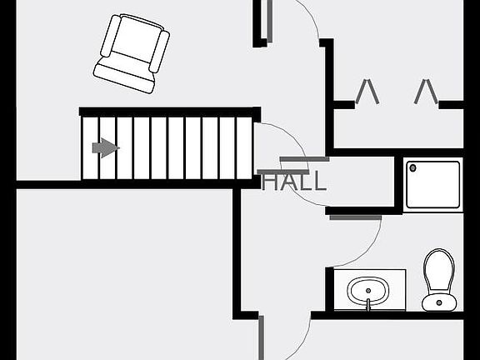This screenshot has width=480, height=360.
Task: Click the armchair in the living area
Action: coord(132,53)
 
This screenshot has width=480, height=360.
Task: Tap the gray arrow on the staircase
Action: coord(106,147)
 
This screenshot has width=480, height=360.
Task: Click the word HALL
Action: coord(294,181)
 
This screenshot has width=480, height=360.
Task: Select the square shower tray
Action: coord(432,185)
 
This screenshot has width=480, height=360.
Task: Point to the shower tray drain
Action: coord(412,167)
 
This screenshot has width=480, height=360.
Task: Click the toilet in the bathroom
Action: coord(439,280)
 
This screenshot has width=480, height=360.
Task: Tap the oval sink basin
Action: coord(368,291)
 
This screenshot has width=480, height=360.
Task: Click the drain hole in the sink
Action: coord(368,291)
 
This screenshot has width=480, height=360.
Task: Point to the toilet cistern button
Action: coord(439,302)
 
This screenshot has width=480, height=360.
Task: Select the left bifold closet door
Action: coord(367,91)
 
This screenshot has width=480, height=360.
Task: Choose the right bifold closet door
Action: coord(426,91)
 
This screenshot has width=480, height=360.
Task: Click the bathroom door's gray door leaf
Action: coord(355,217)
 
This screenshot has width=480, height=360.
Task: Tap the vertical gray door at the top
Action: coord(269,21)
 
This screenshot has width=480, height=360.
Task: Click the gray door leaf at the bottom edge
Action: coord(261,338)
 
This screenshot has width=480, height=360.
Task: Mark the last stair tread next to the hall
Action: coord(244,148)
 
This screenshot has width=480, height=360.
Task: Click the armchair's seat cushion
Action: coord(136,39)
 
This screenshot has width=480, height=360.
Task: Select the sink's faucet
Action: coord(368,304)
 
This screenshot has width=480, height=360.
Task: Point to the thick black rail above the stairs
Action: coord(170,112)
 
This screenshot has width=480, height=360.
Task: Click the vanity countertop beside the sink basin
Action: coord(398,290)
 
